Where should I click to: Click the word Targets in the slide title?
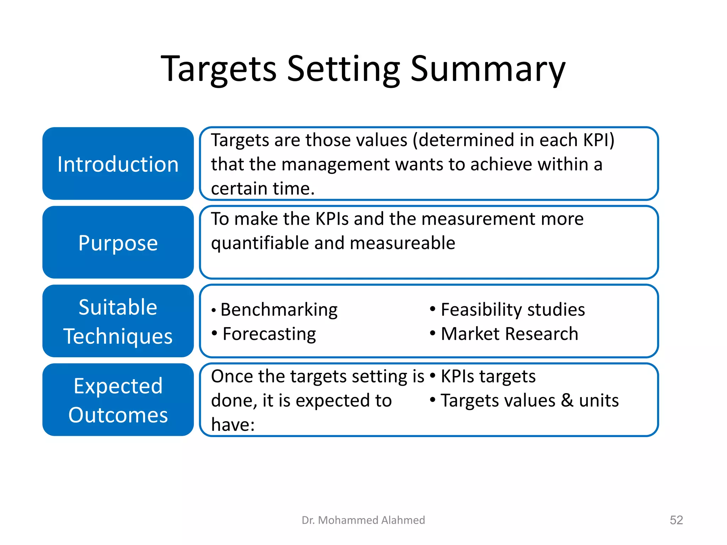[x=218, y=69]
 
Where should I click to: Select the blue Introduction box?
[x=118, y=164]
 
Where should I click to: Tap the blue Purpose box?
[x=118, y=242]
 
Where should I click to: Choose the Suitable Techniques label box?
[x=118, y=321]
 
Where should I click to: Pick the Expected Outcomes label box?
[x=118, y=400]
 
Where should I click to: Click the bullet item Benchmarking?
[x=279, y=310]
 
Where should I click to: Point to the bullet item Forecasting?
[x=269, y=334]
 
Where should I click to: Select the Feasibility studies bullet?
[x=512, y=310]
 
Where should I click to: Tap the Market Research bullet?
[x=509, y=334]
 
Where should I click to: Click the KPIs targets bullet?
[x=488, y=376]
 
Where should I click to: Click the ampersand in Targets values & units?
[x=567, y=401]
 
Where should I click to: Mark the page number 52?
[x=676, y=520]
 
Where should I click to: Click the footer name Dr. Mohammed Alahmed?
[x=363, y=520]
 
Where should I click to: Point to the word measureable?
[x=402, y=243]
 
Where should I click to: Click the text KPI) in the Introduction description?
[x=598, y=140]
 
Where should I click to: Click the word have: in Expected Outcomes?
[x=233, y=425]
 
